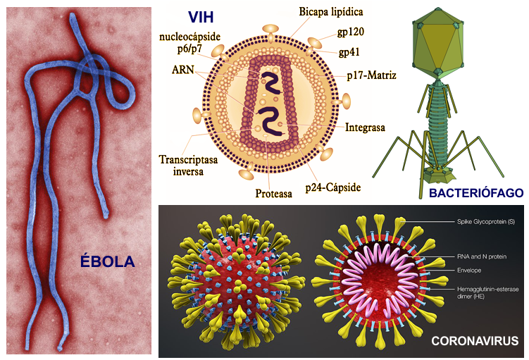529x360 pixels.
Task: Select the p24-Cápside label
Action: (333, 187)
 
